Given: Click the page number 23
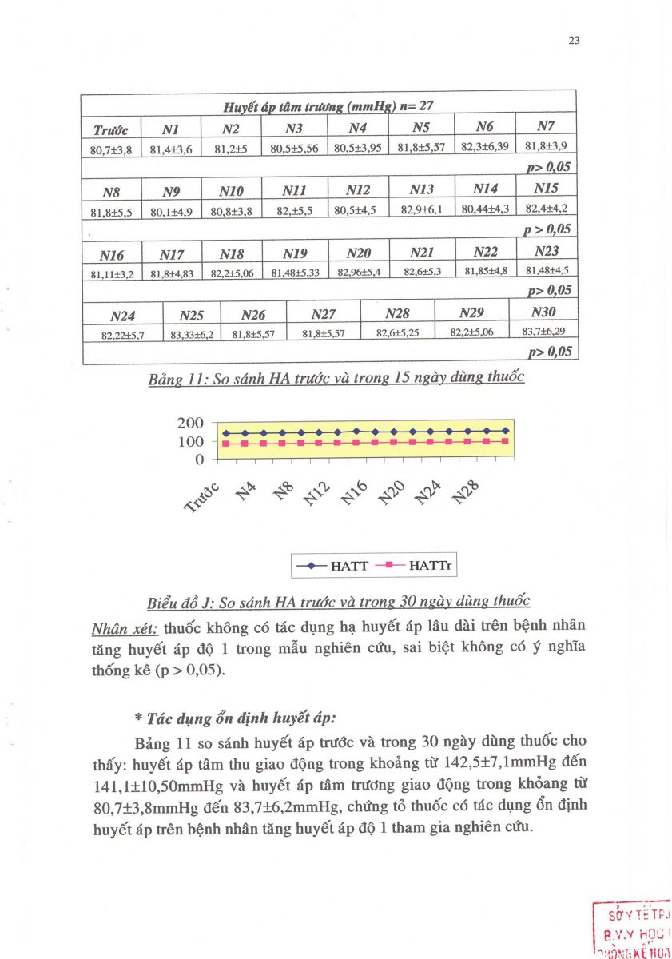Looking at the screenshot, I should pos(573,42).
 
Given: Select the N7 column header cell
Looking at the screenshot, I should pos(546,126).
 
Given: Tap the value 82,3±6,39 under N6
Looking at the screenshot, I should pos(484,146).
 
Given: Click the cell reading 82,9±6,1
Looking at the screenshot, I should pos(421,209).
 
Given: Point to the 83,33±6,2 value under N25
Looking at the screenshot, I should pos(192,335).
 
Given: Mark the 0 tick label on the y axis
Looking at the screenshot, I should pos(200,460).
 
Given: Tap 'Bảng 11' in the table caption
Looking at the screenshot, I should pos(176,378).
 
